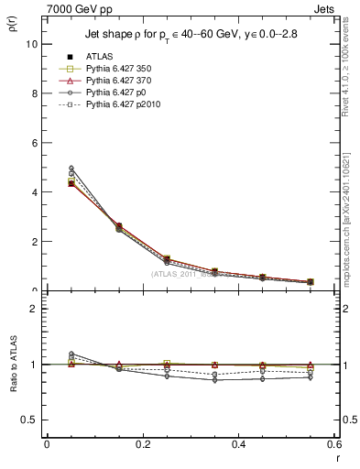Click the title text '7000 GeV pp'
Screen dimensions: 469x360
(x=74, y=7)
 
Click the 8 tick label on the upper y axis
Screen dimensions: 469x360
(x=32, y=93)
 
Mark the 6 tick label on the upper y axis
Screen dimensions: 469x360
(x=32, y=143)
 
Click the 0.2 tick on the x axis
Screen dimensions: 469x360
(x=142, y=444)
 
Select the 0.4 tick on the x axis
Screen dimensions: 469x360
(x=238, y=444)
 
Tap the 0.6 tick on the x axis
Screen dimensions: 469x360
(x=333, y=444)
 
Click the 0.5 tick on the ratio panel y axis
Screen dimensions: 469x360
(x=27, y=420)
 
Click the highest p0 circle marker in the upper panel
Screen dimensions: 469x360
(x=71, y=168)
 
